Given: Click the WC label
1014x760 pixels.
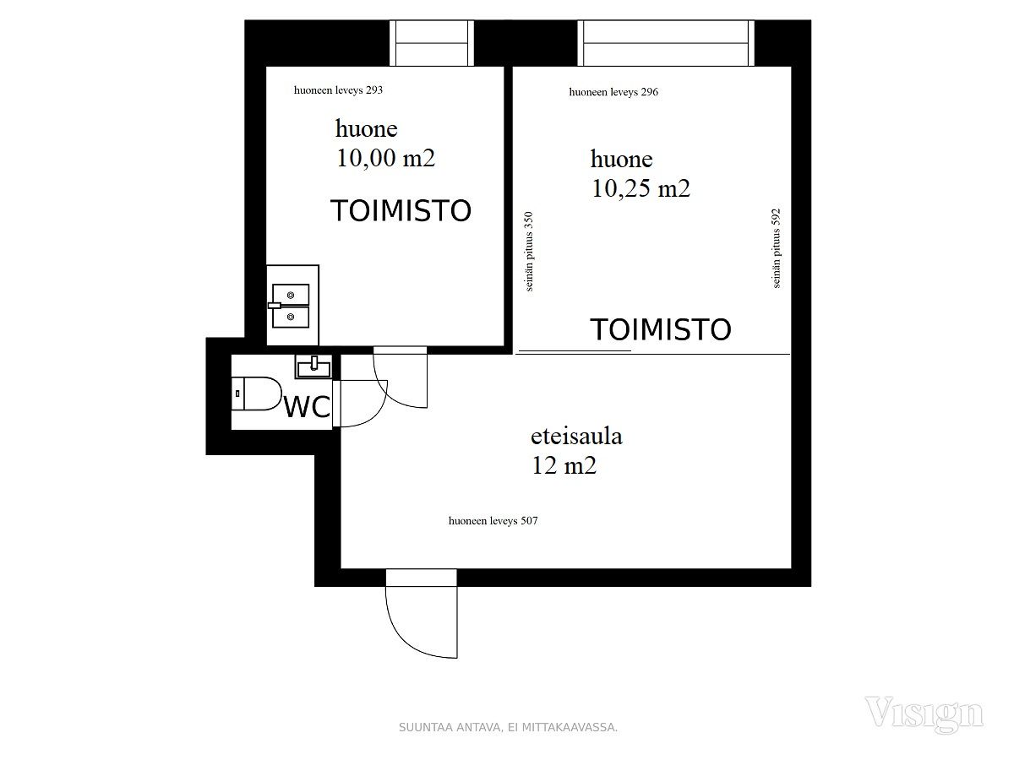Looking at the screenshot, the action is pyautogui.click(x=308, y=406).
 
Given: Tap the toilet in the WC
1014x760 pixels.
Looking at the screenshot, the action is pyautogui.click(x=256, y=394).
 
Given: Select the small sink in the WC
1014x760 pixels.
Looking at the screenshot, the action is pyautogui.click(x=313, y=366).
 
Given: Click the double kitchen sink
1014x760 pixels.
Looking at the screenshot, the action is pyautogui.click(x=291, y=306).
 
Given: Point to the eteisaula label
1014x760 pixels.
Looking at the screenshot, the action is pyautogui.click(x=576, y=436).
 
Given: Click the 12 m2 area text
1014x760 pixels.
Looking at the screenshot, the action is pyautogui.click(x=564, y=465).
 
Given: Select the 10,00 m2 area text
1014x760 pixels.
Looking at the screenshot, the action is pyautogui.click(x=385, y=158).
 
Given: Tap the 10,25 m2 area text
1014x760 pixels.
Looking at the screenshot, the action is pyautogui.click(x=641, y=188).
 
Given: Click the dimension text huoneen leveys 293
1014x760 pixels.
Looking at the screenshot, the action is pyautogui.click(x=338, y=90).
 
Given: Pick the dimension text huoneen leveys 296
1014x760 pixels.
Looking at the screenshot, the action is pyautogui.click(x=613, y=92).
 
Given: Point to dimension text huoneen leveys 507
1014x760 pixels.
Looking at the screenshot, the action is pyautogui.click(x=493, y=520).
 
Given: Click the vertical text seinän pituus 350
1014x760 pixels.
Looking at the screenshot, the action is pyautogui.click(x=529, y=251).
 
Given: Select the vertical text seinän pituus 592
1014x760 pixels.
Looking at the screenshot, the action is pyautogui.click(x=777, y=248).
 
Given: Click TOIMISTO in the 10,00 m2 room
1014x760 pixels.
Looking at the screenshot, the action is pyautogui.click(x=401, y=210).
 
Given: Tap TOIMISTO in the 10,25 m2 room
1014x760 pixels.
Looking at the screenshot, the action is pyautogui.click(x=661, y=329).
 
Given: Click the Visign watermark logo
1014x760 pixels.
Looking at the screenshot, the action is pyautogui.click(x=924, y=714).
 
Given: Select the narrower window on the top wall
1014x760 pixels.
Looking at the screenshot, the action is pyautogui.click(x=432, y=43).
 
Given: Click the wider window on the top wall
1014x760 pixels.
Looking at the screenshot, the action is pyautogui.click(x=666, y=43).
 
